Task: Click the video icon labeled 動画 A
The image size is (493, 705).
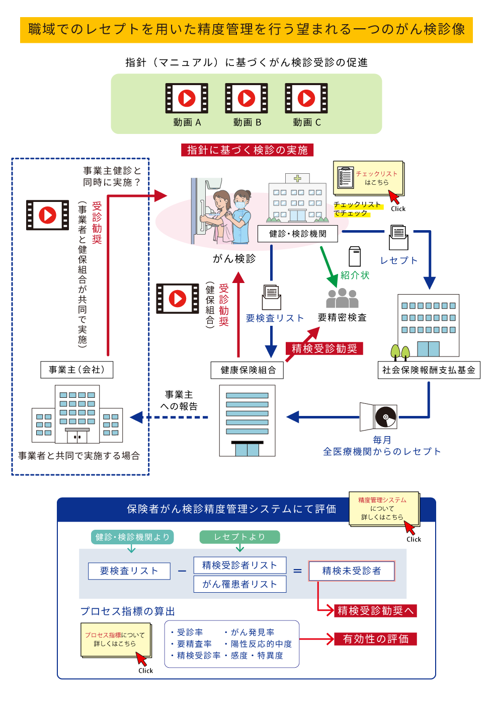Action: pyautogui.click(x=187, y=98)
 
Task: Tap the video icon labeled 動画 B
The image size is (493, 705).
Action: pyautogui.click(x=247, y=98)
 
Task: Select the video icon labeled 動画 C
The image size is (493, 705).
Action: pyautogui.click(x=306, y=98)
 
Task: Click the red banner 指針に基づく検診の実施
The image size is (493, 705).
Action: pyautogui.click(x=247, y=150)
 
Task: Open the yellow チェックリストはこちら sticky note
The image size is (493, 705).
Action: pyautogui.click(x=369, y=178)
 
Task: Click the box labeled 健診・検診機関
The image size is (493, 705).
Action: pyautogui.click(x=297, y=234)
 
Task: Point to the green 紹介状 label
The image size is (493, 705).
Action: pyautogui.click(x=355, y=275)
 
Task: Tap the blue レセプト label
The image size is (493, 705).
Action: pyautogui.click(x=399, y=260)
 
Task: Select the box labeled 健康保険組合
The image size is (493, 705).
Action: pyautogui.click(x=248, y=370)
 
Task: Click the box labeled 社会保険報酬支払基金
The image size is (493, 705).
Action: pyautogui.click(x=429, y=370)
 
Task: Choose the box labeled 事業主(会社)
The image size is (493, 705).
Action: pyautogui.click(x=76, y=370)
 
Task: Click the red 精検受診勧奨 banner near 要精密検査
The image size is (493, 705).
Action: pyautogui.click(x=324, y=348)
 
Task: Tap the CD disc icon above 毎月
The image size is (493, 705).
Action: pyautogui.click(x=385, y=416)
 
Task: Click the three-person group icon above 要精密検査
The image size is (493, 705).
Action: pyautogui.click(x=342, y=298)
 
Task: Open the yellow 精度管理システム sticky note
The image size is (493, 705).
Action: pyautogui.click(x=384, y=509)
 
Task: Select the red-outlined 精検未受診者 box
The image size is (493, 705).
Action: pyautogui.click(x=351, y=571)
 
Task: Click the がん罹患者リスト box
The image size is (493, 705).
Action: pyautogui.click(x=240, y=584)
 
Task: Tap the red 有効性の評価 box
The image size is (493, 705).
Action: pyautogui.click(x=375, y=639)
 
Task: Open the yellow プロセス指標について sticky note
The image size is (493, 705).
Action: pyautogui.click(x=115, y=640)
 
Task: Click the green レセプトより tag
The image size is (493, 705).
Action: pyautogui.click(x=239, y=537)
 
